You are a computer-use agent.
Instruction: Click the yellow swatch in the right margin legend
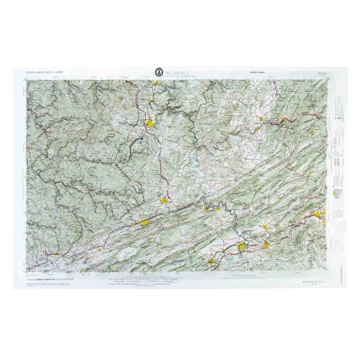(x=335, y=193)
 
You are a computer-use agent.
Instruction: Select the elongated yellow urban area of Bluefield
(x=144, y=222)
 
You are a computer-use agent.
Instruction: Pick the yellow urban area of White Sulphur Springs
(x=283, y=120)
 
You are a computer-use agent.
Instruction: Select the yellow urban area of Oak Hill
(x=156, y=83)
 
